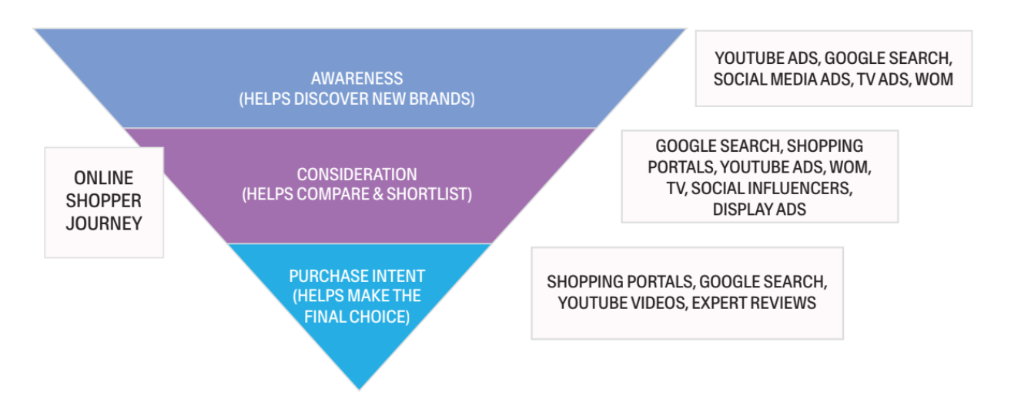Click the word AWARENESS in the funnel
click(x=357, y=79)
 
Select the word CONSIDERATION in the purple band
click(x=357, y=175)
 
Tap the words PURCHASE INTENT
click(x=357, y=276)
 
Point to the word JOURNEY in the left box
click(x=104, y=225)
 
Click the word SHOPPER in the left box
click(x=104, y=201)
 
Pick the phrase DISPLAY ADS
click(x=759, y=209)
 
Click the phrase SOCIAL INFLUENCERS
click(x=771, y=188)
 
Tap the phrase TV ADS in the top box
click(x=877, y=79)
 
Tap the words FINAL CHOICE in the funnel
click(x=357, y=317)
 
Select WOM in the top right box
click(x=934, y=79)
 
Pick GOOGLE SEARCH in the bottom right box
click(x=763, y=282)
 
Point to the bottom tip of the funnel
click(x=359, y=388)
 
